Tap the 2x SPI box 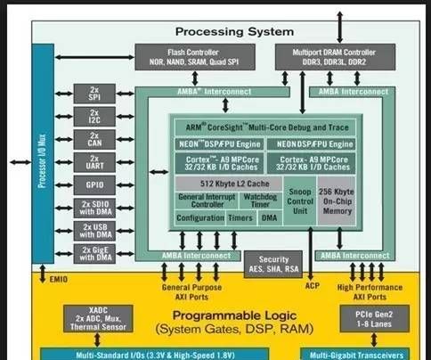point(94,95)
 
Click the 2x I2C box point(94,118)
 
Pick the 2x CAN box point(94,140)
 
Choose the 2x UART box point(94,162)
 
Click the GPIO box point(94,184)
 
